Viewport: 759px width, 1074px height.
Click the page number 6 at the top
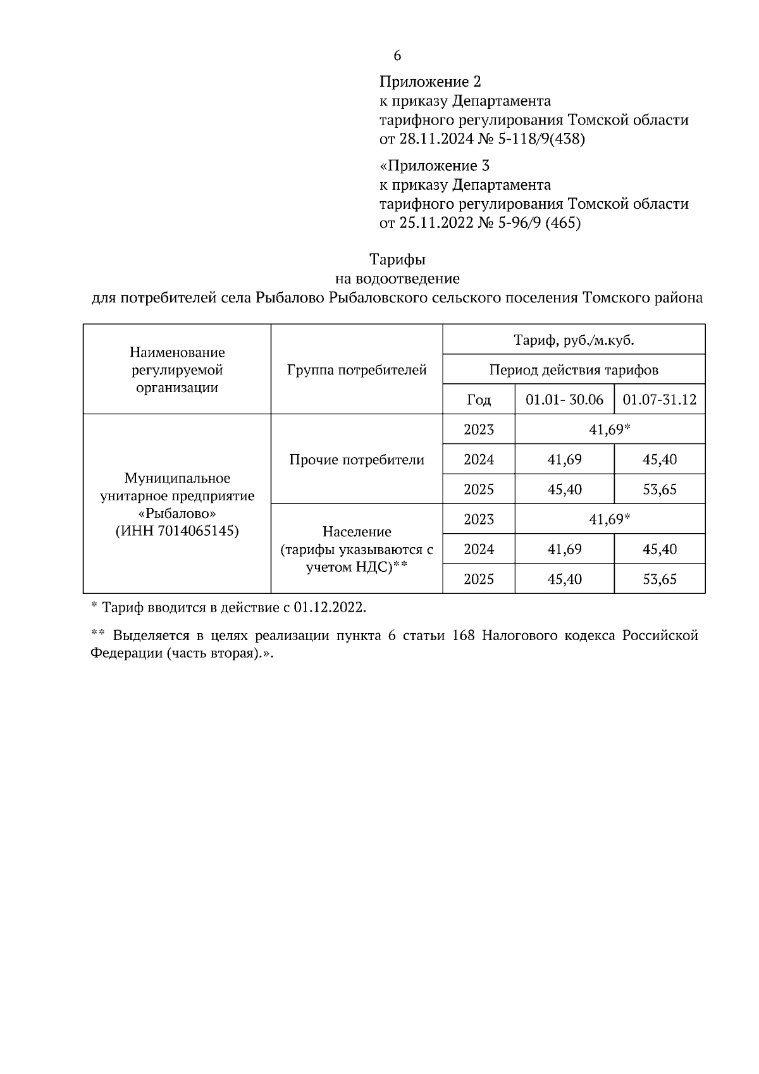(x=397, y=56)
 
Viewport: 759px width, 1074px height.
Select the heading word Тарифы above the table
(x=397, y=259)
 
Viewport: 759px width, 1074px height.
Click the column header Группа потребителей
(x=357, y=370)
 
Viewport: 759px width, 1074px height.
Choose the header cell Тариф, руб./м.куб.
(x=574, y=340)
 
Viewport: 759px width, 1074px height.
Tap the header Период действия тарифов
(x=574, y=370)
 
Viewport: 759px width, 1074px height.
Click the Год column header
(x=479, y=400)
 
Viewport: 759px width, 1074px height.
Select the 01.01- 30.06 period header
(x=564, y=400)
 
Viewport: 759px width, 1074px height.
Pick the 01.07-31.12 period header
(x=660, y=400)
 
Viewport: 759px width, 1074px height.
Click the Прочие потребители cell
(x=357, y=460)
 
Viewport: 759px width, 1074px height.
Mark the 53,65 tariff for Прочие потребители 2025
(x=660, y=490)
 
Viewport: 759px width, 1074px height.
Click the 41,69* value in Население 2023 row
(x=610, y=519)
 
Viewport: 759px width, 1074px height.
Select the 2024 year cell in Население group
(x=479, y=549)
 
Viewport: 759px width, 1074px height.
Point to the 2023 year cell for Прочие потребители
(x=479, y=430)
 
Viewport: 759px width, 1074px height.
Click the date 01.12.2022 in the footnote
(x=329, y=608)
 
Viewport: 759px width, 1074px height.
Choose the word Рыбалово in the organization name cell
(x=178, y=513)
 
